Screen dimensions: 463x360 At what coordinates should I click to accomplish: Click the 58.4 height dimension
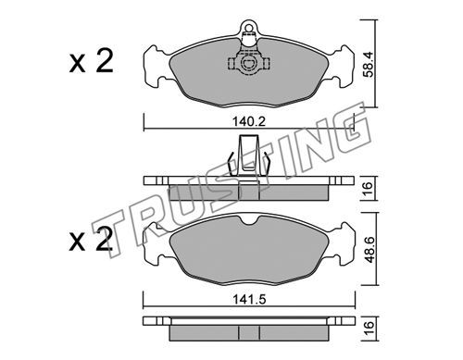368,64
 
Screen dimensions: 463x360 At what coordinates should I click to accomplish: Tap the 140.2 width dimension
249,122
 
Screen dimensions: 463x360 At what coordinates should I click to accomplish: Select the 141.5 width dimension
249,300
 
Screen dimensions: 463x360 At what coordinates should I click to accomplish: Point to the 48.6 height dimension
369,250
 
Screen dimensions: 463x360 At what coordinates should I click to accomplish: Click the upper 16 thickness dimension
368,189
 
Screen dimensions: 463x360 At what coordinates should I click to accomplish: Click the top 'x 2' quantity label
91,61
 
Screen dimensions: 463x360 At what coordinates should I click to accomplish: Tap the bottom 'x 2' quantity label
90,239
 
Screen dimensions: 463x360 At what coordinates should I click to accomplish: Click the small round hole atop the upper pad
248,27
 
